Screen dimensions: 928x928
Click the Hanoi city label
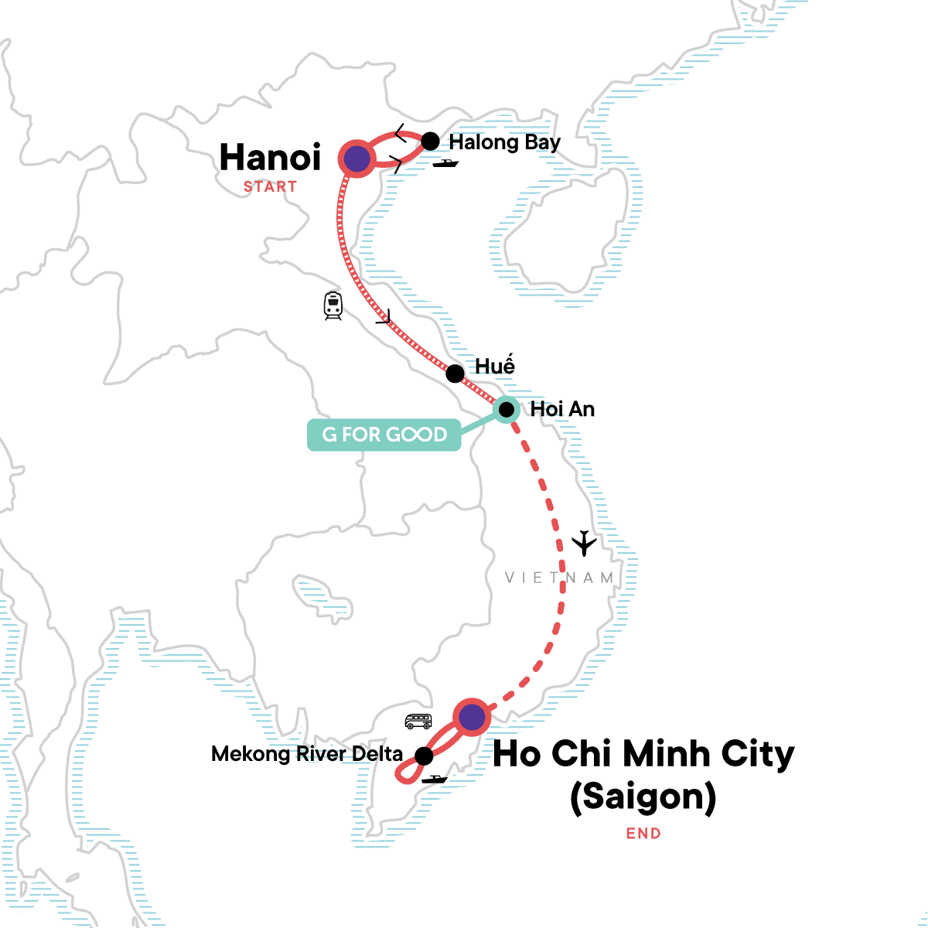click(270, 157)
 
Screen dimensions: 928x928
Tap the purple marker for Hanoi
click(357, 159)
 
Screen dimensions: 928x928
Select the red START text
click(270, 187)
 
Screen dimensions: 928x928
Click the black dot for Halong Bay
click(430, 141)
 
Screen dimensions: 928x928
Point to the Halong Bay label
click(504, 142)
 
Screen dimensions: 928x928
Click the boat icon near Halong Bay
click(445, 163)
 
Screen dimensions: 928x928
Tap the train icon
click(333, 305)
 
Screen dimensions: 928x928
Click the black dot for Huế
click(455, 374)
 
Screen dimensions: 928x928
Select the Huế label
click(495, 366)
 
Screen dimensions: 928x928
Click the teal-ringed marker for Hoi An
click(506, 409)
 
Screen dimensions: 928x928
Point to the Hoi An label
click(562, 409)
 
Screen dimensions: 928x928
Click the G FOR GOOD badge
click(384, 435)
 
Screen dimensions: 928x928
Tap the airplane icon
click(585, 543)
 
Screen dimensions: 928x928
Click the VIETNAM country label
click(559, 578)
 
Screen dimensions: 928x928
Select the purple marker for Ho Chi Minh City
click(471, 718)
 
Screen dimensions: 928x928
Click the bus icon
click(418, 722)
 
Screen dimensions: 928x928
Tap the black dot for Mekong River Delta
click(423, 756)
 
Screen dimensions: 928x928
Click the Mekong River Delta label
click(307, 754)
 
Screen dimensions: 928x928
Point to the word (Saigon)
click(643, 797)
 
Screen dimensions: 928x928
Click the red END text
click(643, 834)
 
